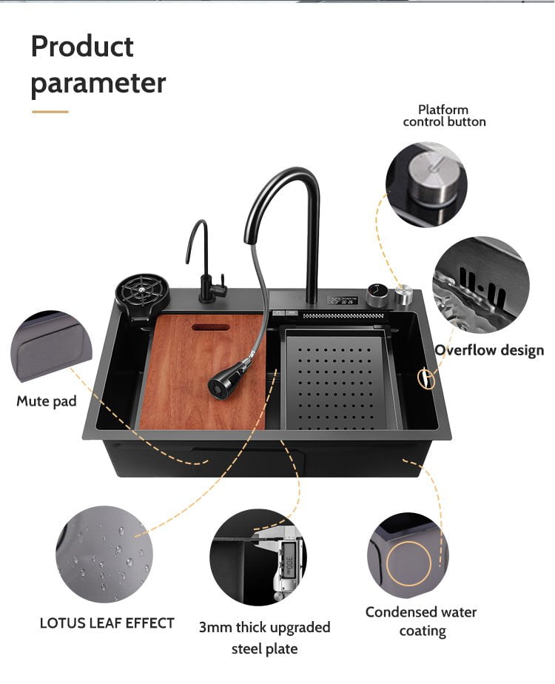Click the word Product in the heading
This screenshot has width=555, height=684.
(82, 46)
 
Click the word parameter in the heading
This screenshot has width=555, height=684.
(98, 82)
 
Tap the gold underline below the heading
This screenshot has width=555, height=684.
(50, 112)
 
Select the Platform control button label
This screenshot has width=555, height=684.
(444, 115)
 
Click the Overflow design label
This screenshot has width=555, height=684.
(489, 350)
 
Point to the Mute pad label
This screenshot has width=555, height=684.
(47, 401)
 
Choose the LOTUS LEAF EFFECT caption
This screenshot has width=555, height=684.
(107, 623)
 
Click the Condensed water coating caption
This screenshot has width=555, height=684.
(421, 621)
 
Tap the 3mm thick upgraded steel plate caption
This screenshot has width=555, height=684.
(265, 638)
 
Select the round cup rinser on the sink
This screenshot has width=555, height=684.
(142, 292)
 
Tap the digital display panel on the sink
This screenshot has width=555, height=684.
(343, 301)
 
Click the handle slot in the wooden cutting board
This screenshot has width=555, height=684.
(211, 326)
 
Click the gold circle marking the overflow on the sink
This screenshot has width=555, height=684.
(426, 379)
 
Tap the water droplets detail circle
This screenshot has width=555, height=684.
(104, 554)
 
